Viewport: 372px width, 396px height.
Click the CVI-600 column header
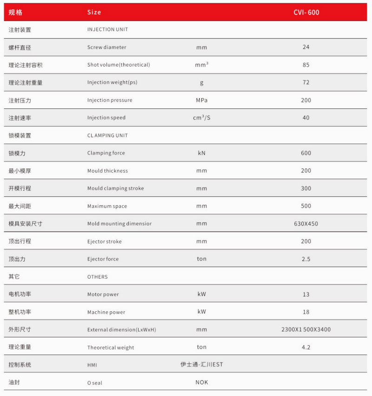306,13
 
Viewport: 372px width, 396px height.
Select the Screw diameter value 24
306,47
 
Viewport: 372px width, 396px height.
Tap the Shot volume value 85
306,65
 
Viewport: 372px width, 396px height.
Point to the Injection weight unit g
201,83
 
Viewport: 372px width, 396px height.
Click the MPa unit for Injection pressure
201,100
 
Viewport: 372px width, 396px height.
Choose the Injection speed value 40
306,118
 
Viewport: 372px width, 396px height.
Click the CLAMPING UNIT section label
107,135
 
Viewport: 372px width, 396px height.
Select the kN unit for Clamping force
201,153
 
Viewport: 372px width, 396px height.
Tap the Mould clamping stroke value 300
306,188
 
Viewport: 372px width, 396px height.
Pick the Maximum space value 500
306,206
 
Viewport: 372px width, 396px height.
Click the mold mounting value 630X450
306,224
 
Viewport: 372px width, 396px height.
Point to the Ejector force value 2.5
306,259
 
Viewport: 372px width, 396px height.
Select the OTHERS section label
97,277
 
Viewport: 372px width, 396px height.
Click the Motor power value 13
306,295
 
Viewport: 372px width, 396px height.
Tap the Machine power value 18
306,312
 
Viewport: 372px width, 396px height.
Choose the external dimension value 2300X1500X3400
306,329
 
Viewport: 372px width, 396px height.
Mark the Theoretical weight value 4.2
306,347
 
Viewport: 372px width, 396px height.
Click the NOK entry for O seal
201,383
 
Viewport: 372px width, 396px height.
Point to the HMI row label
92,365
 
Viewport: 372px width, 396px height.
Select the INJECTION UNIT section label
107,29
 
